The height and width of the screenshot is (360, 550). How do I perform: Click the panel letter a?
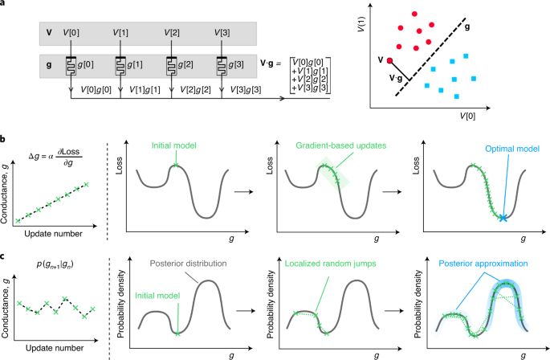point(5,6)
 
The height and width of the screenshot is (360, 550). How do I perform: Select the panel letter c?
point(5,255)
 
